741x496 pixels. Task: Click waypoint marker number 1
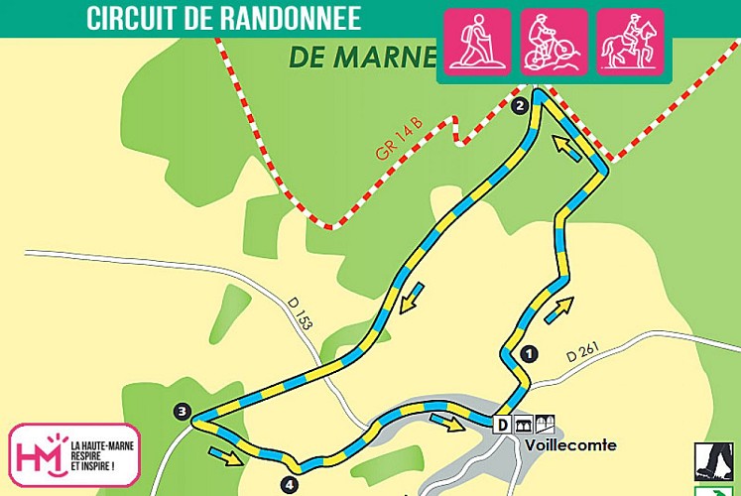click(x=529, y=352)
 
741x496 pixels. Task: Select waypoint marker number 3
click(x=181, y=411)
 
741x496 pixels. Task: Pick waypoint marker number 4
click(x=288, y=485)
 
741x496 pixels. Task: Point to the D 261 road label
click(x=584, y=354)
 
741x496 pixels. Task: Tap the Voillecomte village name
click(x=571, y=445)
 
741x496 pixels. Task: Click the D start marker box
click(x=502, y=425)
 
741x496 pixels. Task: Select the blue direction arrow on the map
click(x=411, y=297)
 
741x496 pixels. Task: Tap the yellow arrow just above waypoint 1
click(x=558, y=308)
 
